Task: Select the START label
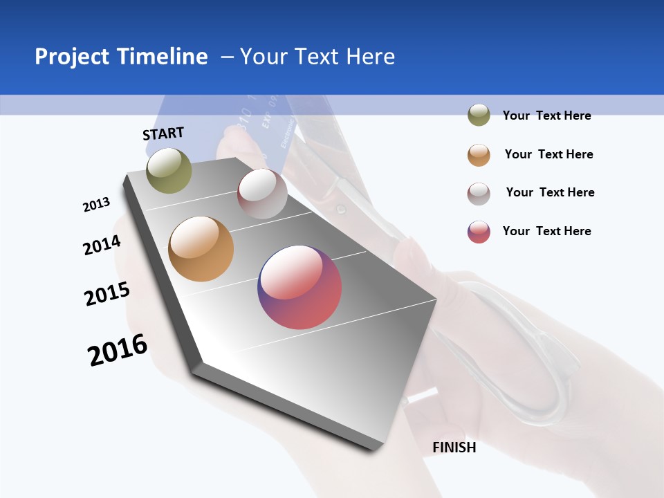tap(163, 133)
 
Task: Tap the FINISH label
tap(454, 448)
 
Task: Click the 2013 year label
tap(96, 205)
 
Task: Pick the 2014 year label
tap(102, 245)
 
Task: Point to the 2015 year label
tap(107, 293)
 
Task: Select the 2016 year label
tap(118, 349)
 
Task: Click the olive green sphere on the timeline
tap(169, 170)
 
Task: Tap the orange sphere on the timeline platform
tap(201, 249)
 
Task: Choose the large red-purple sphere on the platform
tap(299, 287)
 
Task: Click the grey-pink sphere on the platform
tap(262, 194)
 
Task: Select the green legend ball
tap(479, 116)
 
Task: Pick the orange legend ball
tap(479, 154)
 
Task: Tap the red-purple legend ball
tap(479, 232)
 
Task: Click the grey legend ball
tap(479, 193)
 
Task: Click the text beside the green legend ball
tap(546, 116)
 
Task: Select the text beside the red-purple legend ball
tap(546, 231)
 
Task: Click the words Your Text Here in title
tap(317, 57)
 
